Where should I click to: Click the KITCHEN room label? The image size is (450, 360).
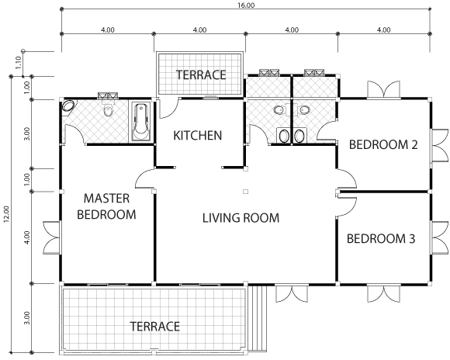coord(198,136)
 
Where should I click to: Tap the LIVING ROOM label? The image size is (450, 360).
coord(241,218)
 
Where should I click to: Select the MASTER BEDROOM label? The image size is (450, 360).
coord(106,206)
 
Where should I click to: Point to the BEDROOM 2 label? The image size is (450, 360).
coord(383,144)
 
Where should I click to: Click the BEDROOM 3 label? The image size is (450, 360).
coord(381,238)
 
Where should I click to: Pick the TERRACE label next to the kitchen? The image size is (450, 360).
coord(201,75)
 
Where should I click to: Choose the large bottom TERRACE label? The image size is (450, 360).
coord(154,327)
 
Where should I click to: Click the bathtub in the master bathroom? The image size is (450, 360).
coord(141,122)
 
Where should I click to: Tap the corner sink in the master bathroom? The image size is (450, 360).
coord(68,106)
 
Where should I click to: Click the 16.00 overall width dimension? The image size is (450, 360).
coord(246,5)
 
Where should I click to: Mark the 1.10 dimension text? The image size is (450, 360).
coord(18,62)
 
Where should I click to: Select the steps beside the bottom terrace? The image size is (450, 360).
coord(257,317)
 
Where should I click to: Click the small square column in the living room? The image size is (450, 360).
coord(245,192)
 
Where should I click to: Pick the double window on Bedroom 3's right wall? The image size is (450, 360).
coord(439,238)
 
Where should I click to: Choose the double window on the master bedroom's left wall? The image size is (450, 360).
coord(52,237)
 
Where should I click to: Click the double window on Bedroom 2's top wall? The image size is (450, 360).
coord(383,90)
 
